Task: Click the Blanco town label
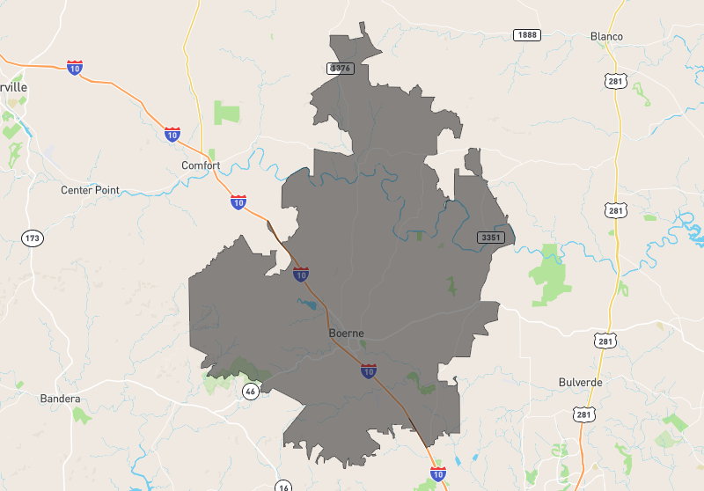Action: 607,36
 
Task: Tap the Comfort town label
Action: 201,165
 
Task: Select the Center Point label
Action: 90,190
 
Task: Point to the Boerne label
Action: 346,333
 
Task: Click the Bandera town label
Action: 60,399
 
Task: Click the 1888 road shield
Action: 527,34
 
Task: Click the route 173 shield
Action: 33,238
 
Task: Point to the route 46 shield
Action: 251,392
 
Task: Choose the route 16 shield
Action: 282,487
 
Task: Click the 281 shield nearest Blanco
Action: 615,80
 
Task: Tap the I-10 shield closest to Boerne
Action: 369,371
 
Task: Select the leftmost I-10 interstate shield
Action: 75,67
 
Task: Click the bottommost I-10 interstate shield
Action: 438,474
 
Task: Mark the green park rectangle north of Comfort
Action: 226,113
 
